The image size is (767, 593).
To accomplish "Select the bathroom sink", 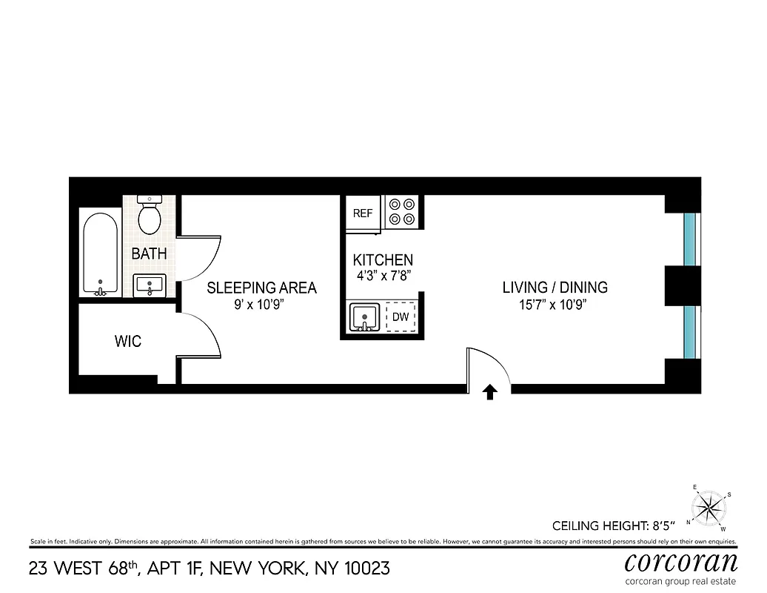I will point(150,285).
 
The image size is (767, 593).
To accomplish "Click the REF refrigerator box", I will point(363,213).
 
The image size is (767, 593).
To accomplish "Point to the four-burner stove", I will point(402,211).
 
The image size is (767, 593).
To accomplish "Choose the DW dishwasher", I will point(401,317).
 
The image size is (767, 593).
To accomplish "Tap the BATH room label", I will point(149,254).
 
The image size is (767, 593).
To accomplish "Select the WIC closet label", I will point(127,342).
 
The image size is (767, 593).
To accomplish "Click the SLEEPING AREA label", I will point(261,288).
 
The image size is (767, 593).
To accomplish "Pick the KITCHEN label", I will point(382,260).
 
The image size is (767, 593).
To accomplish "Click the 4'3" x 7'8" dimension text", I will point(382,275).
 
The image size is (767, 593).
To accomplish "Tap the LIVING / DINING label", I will point(555,288).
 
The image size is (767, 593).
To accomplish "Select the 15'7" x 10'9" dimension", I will point(555,304).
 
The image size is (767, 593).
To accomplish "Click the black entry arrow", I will point(489,392).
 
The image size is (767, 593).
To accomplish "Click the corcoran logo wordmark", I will point(680,560).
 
